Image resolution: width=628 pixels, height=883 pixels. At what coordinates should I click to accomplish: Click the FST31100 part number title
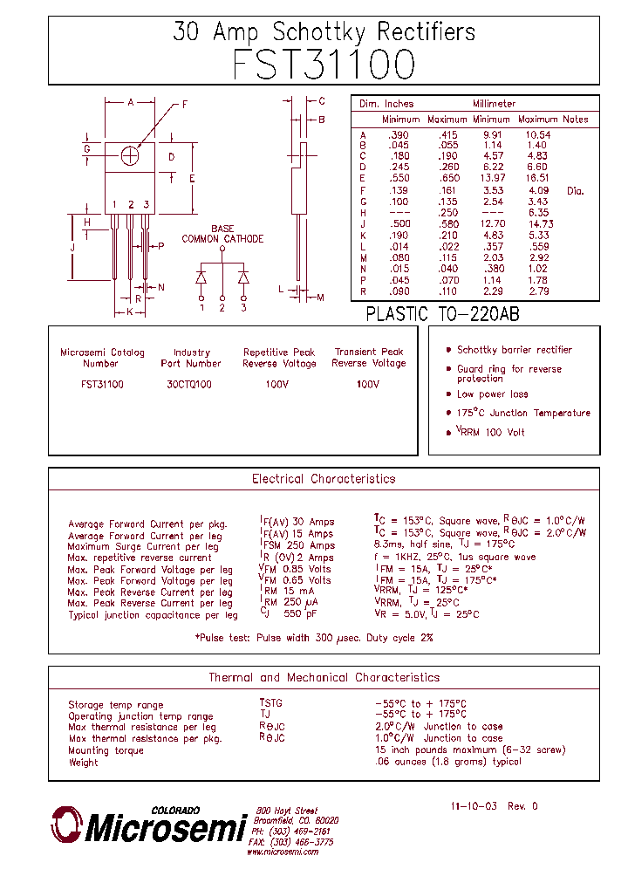click(324, 65)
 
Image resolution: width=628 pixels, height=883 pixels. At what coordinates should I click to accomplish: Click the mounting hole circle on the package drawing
click(130, 155)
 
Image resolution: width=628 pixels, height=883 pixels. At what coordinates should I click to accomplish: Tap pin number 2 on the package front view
click(130, 205)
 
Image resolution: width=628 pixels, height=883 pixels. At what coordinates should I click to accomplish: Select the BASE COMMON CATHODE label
click(222, 234)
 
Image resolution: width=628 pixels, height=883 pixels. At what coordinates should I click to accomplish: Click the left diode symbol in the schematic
click(201, 277)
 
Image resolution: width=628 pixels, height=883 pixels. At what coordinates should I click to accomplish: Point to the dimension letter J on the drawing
click(73, 248)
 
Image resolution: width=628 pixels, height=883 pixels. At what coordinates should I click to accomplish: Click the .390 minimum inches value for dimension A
click(398, 134)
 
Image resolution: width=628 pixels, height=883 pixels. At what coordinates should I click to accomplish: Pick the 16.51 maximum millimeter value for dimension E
click(536, 177)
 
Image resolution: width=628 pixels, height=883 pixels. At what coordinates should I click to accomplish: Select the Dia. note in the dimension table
click(575, 190)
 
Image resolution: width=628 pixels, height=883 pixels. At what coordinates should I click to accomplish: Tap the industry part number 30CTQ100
click(190, 384)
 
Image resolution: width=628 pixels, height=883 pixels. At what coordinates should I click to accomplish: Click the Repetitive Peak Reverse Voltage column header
click(279, 358)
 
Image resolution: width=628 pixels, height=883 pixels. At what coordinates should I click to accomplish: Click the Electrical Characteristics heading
click(324, 479)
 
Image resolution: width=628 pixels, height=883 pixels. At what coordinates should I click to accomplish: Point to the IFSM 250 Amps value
click(297, 545)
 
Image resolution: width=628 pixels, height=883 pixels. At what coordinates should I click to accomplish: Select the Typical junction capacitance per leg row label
click(153, 615)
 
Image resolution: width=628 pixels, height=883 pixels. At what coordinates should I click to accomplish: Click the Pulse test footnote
click(314, 638)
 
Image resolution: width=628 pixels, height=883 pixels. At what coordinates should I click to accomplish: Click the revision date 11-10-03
click(474, 806)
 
